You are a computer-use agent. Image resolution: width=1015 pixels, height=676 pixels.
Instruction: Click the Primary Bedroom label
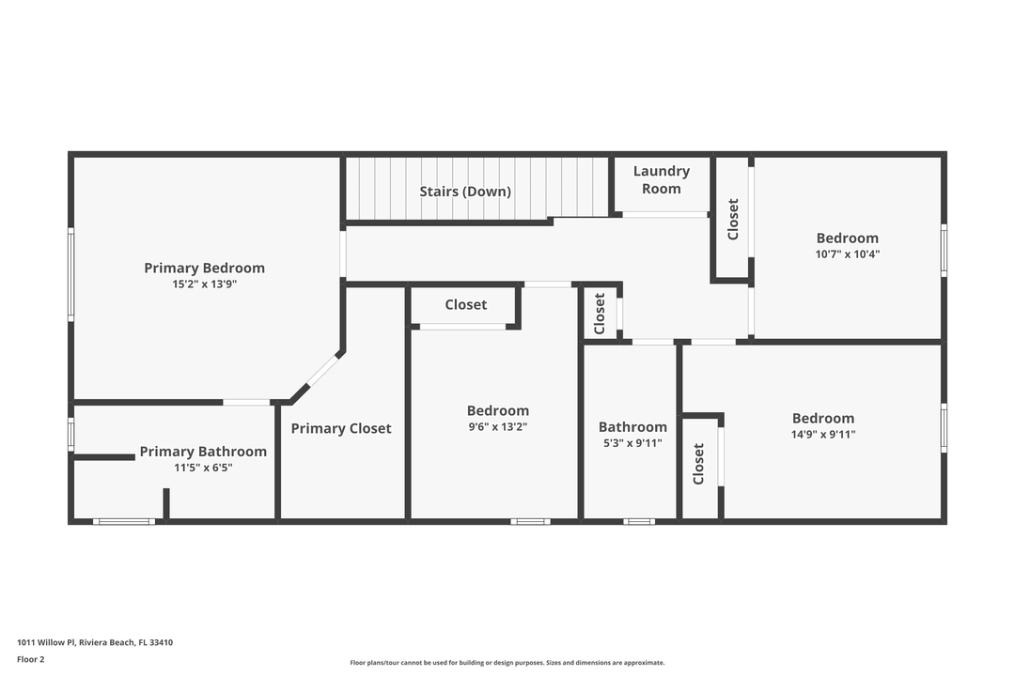[204, 268]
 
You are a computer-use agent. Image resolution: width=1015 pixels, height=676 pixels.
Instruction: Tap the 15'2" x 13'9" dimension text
[204, 284]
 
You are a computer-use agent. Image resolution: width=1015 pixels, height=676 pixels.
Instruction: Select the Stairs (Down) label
[465, 192]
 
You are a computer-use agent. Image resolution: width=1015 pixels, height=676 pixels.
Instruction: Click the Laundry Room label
[661, 179]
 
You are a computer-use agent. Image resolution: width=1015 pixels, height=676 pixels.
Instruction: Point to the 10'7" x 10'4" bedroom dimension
[847, 253]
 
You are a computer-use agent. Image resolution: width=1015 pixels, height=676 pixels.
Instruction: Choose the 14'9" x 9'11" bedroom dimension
[822, 434]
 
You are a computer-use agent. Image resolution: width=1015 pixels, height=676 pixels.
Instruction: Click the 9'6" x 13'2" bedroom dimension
[497, 426]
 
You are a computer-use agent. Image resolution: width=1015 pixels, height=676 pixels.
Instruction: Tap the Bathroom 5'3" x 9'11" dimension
[632, 442]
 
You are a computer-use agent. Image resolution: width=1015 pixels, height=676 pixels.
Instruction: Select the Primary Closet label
[341, 428]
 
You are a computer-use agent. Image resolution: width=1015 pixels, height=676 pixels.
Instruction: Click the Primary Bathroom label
[203, 452]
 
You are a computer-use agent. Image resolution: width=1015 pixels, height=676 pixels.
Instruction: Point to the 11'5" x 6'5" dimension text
[203, 467]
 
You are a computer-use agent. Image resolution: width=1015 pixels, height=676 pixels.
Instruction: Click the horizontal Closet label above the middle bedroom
[465, 304]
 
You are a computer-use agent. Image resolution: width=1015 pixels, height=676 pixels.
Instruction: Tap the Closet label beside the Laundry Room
[733, 219]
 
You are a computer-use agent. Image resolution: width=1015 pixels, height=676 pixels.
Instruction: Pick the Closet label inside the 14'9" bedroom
[698, 464]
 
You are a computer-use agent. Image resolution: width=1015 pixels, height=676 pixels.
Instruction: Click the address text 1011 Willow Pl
[94, 642]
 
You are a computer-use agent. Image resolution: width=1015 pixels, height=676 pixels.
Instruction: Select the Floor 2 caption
[30, 659]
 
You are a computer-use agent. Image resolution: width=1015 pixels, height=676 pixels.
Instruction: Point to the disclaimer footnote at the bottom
[507, 662]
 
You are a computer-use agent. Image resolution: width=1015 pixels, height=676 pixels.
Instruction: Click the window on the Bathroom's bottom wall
[639, 521]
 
